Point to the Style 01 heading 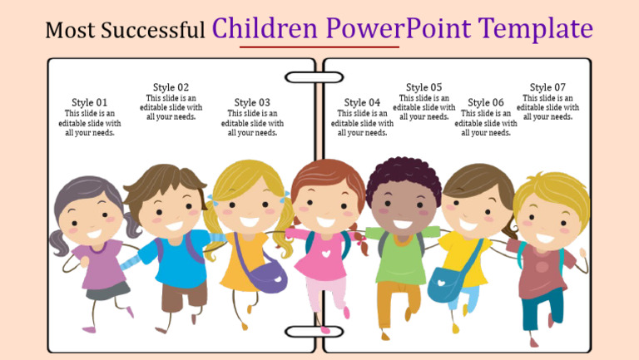89,102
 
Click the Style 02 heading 171,87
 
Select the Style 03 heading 252,102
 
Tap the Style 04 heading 362,102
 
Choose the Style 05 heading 424,87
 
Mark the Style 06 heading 486,102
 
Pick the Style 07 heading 547,87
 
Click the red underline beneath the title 319,47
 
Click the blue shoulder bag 446,283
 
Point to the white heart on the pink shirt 325,249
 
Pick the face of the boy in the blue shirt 171,210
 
